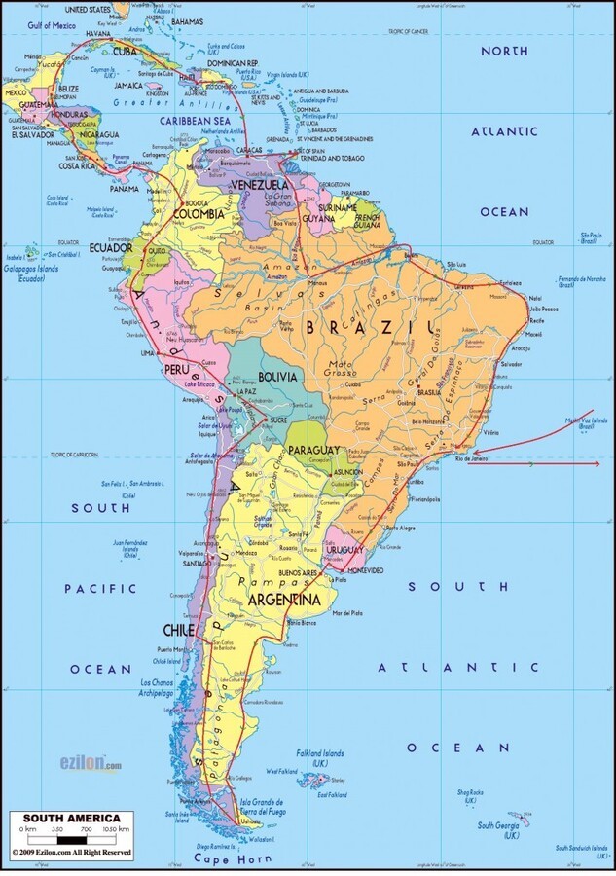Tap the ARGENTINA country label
(284, 599)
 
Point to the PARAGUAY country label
(313, 450)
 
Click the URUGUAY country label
(344, 551)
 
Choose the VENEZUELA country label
(258, 184)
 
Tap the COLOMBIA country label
(199, 214)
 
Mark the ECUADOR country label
(111, 247)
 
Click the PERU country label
(175, 371)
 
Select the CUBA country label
(125, 51)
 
